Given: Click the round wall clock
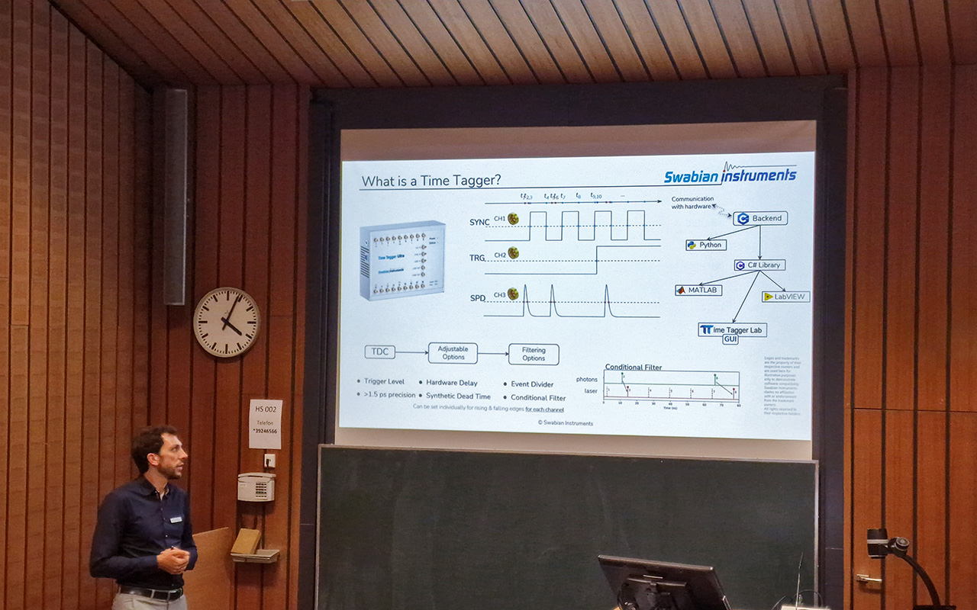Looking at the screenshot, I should coord(227,322).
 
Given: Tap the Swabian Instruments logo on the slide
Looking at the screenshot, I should coord(729,175).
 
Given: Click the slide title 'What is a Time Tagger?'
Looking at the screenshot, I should coord(431,181).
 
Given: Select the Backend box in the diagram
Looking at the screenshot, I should coord(760,218).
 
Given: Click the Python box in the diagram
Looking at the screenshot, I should coord(705,245).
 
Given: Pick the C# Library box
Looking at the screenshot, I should coord(759,265).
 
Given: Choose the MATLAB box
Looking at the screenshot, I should coord(697,290).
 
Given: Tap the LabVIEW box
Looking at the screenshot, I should coord(785,296).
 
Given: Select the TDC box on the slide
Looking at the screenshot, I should coord(379,352).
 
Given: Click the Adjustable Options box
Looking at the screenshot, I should coord(453,353).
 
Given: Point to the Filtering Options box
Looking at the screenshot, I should coord(534,354).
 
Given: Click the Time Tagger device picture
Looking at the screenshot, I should coord(402,259).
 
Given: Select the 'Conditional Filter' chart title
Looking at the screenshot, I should coord(634,367).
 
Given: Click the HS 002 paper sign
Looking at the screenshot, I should coord(265,424).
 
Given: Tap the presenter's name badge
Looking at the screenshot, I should coord(176,519).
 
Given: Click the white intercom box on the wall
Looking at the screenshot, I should coord(255,486).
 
